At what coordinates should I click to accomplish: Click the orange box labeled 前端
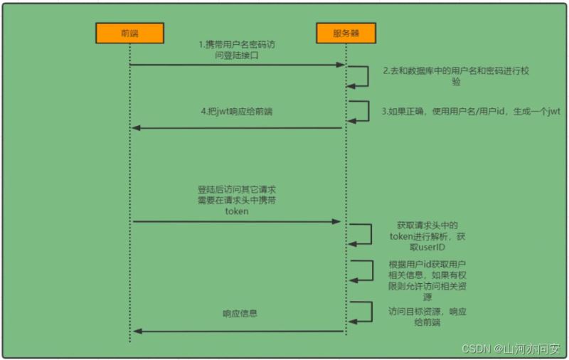130,33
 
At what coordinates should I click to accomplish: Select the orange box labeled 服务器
346,33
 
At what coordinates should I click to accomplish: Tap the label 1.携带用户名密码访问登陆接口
237,50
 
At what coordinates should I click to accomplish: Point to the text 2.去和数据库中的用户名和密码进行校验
456,76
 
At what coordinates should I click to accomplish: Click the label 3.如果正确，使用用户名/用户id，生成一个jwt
471,112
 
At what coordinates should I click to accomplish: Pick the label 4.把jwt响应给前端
237,112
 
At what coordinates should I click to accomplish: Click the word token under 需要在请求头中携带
237,211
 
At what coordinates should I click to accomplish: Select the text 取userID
427,248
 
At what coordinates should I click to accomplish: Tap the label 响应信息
240,313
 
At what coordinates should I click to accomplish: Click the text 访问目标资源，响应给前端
427,317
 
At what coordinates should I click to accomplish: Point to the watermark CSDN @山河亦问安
511,349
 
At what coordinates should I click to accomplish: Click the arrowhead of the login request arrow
341,65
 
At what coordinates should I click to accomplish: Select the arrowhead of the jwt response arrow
136,128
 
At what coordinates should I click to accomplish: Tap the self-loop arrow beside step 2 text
368,76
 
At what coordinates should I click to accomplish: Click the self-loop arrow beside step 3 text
368,111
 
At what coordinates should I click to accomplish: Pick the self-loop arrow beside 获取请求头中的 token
371,235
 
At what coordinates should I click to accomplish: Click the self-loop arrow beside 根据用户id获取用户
373,270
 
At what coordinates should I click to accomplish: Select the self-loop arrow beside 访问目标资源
372,312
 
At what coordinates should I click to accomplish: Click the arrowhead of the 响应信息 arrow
137,331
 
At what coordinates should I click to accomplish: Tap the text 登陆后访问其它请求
237,189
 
